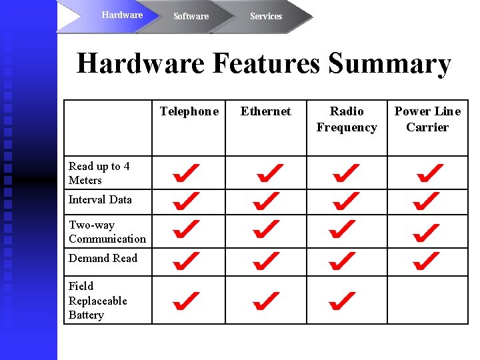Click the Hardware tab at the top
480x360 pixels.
(122, 15)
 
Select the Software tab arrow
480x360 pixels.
(191, 16)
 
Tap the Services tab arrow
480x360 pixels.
(266, 16)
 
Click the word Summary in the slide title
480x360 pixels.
(389, 64)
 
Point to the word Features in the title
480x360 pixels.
(266, 64)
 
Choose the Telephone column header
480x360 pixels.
(189, 111)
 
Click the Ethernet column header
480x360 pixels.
(265, 111)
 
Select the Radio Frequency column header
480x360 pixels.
(347, 119)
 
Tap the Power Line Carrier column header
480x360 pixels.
(427, 119)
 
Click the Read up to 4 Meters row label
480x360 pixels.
(99, 173)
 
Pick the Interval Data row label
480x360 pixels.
(100, 199)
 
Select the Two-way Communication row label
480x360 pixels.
(107, 232)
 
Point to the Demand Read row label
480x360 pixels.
(103, 258)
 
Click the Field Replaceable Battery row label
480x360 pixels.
(97, 301)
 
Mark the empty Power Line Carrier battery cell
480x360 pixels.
(427, 300)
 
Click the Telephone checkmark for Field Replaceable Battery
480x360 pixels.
(186, 301)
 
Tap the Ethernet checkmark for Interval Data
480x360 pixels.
(266, 200)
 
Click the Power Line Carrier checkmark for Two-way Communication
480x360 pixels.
(426, 232)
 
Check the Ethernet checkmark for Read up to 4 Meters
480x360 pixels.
(269, 174)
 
